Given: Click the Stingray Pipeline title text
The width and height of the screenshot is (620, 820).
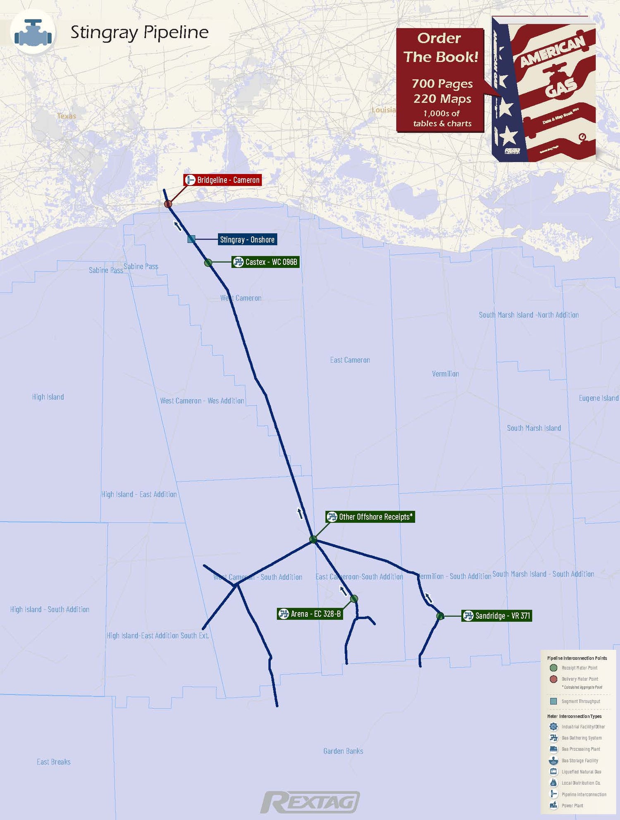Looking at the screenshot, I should [x=139, y=32].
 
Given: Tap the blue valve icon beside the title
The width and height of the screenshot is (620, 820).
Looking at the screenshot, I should [x=33, y=32].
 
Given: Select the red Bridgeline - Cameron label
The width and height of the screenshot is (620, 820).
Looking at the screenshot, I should [x=223, y=180].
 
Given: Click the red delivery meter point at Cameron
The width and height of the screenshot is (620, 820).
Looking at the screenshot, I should [x=168, y=204].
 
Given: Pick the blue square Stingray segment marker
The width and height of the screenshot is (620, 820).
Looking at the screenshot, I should [x=191, y=239].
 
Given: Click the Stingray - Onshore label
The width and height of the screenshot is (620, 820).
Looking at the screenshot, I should [x=247, y=239].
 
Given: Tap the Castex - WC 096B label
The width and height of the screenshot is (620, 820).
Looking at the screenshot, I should [x=265, y=262].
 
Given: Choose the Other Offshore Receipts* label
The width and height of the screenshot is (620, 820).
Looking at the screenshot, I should [x=370, y=517].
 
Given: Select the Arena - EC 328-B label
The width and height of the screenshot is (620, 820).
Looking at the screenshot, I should [x=310, y=614].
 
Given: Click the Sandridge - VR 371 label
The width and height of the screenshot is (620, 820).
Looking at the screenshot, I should [x=496, y=615].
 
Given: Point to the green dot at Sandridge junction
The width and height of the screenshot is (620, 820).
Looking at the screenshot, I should [x=440, y=616].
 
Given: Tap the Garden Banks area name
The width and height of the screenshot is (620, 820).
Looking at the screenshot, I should [x=343, y=751].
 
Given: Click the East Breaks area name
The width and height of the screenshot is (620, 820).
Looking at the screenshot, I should [x=54, y=762].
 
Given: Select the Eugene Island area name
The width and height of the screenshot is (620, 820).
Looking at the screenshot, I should [x=599, y=398].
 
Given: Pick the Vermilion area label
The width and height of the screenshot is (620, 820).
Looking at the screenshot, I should [x=445, y=374].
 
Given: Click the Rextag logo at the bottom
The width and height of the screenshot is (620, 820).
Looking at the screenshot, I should [x=310, y=802].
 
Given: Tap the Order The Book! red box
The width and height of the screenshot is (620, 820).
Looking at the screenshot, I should [x=440, y=80].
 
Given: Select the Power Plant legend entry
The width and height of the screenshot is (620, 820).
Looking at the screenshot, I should [x=572, y=806].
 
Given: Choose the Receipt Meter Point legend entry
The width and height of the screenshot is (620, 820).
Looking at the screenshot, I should [x=579, y=668].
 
